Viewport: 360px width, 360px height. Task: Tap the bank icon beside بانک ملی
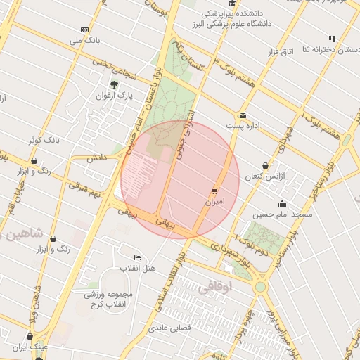(85, 30)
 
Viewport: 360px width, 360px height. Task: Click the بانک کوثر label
(41, 140)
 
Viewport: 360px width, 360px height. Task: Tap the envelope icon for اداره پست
(243, 115)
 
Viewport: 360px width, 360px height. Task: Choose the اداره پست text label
(243, 125)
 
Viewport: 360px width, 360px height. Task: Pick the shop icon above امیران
(214, 191)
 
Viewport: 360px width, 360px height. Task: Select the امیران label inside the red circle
(214, 201)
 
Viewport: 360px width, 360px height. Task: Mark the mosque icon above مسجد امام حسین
(283, 203)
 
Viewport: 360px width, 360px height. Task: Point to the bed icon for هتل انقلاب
(136, 257)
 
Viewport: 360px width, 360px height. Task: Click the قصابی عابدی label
(164, 328)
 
